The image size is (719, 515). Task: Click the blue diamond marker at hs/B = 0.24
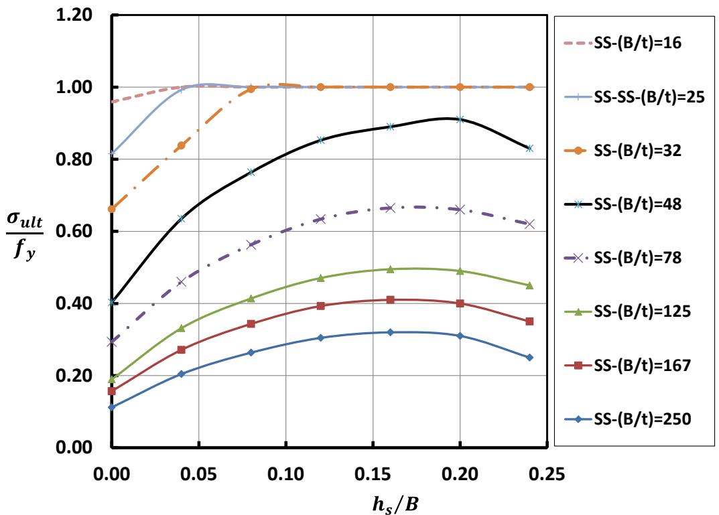click(x=529, y=358)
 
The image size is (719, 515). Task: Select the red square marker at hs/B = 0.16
click(x=390, y=299)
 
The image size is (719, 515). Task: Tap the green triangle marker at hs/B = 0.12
click(x=320, y=278)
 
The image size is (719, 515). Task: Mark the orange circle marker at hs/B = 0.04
click(x=181, y=145)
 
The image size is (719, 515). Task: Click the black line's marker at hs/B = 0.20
click(x=460, y=119)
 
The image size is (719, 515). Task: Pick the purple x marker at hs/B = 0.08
click(x=251, y=244)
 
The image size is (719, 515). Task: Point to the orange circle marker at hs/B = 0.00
click(x=112, y=209)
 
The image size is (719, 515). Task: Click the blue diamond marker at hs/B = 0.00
click(x=112, y=407)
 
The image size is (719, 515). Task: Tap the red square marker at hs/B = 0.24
click(x=529, y=321)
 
